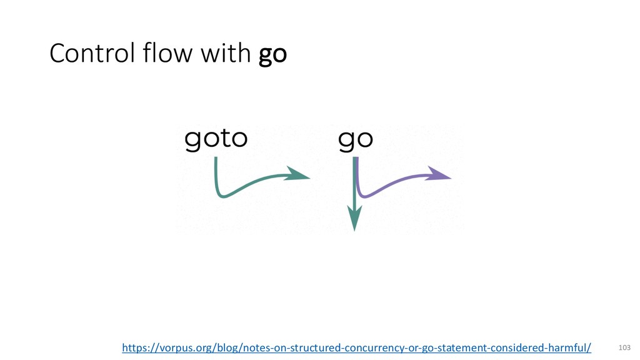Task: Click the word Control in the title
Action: pyautogui.click(x=92, y=53)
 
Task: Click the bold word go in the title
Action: pyautogui.click(x=272, y=56)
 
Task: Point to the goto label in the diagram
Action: pyautogui.click(x=216, y=139)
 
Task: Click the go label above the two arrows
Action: pyautogui.click(x=356, y=140)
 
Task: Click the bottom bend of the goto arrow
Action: pyautogui.click(x=223, y=195)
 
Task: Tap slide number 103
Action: pyautogui.click(x=624, y=347)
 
